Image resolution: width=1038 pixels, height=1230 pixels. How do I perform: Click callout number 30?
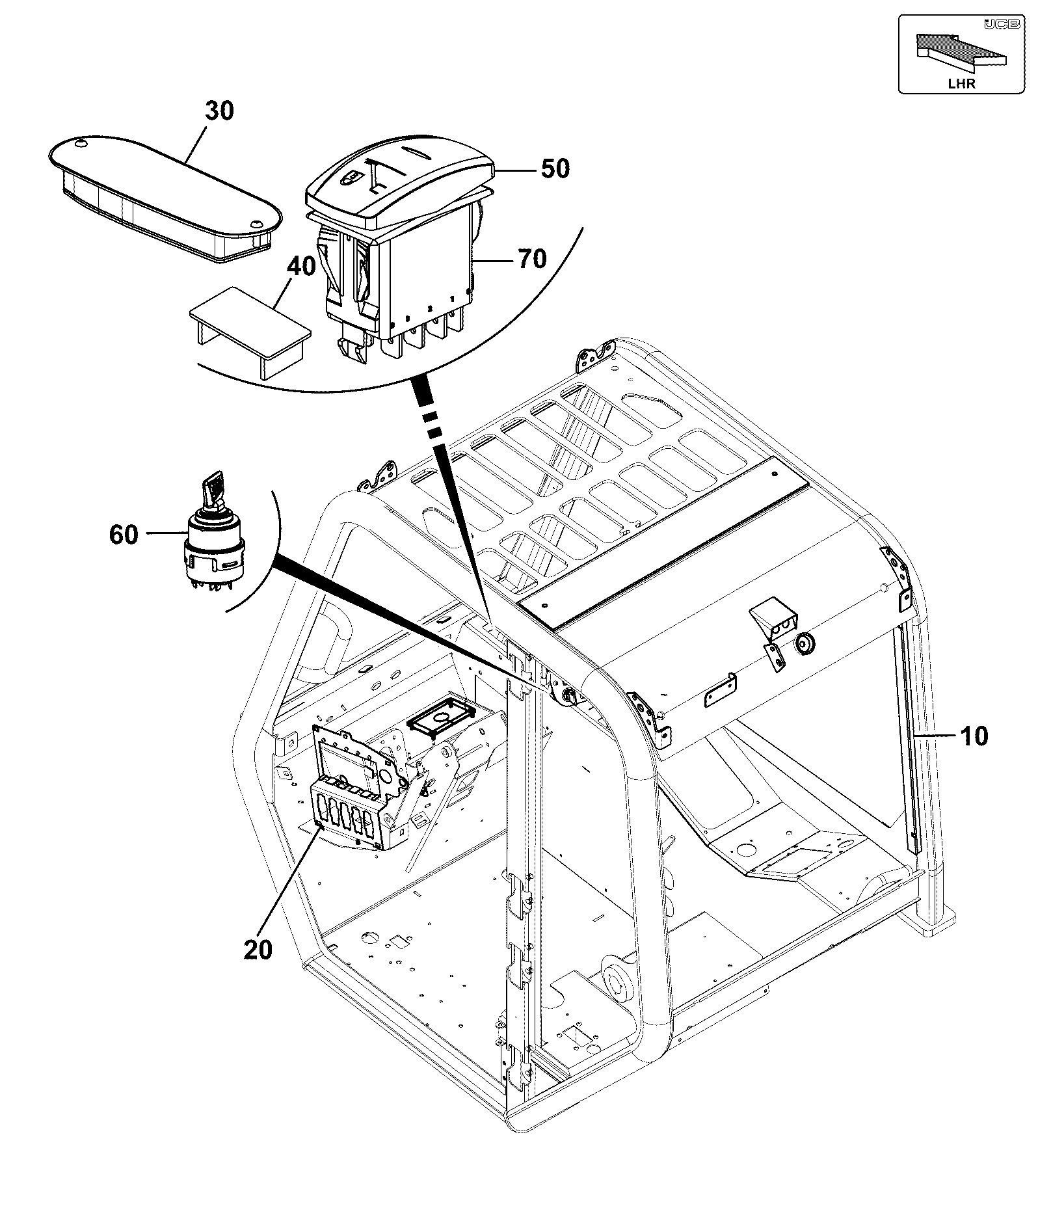coord(219,111)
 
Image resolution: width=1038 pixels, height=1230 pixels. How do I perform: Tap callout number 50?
coord(555,169)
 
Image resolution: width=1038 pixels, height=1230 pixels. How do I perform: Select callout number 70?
coord(532,260)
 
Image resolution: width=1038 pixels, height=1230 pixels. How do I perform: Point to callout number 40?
coord(302,267)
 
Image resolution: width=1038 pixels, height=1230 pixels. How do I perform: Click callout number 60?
coord(124,535)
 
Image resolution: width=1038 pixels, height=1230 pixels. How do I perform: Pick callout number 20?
coord(258,950)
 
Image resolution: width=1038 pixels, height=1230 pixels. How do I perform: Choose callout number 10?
coord(974,736)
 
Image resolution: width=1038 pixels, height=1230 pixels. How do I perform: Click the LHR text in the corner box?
coord(962,83)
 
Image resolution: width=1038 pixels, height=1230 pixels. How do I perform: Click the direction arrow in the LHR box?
coord(961,51)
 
